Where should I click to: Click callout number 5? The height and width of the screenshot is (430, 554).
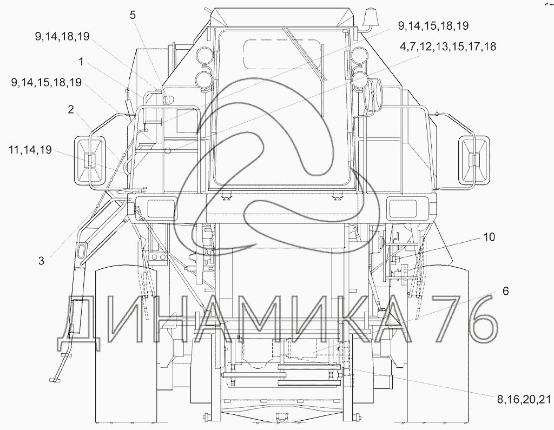coord(133,15)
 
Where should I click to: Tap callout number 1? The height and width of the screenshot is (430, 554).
coord(81,62)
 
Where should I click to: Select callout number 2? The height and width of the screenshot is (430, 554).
coord(71,110)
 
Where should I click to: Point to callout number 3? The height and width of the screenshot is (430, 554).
coord(41,261)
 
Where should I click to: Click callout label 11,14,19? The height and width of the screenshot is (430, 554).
coord(31,150)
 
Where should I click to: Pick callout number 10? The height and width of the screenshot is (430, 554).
coord(489,237)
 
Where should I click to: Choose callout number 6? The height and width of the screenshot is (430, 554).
coord(506,291)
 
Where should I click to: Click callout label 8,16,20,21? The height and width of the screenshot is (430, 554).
coord(524,399)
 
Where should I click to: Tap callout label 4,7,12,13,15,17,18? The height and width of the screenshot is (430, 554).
coord(448,47)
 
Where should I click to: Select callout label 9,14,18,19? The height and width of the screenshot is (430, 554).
coord(62,36)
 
